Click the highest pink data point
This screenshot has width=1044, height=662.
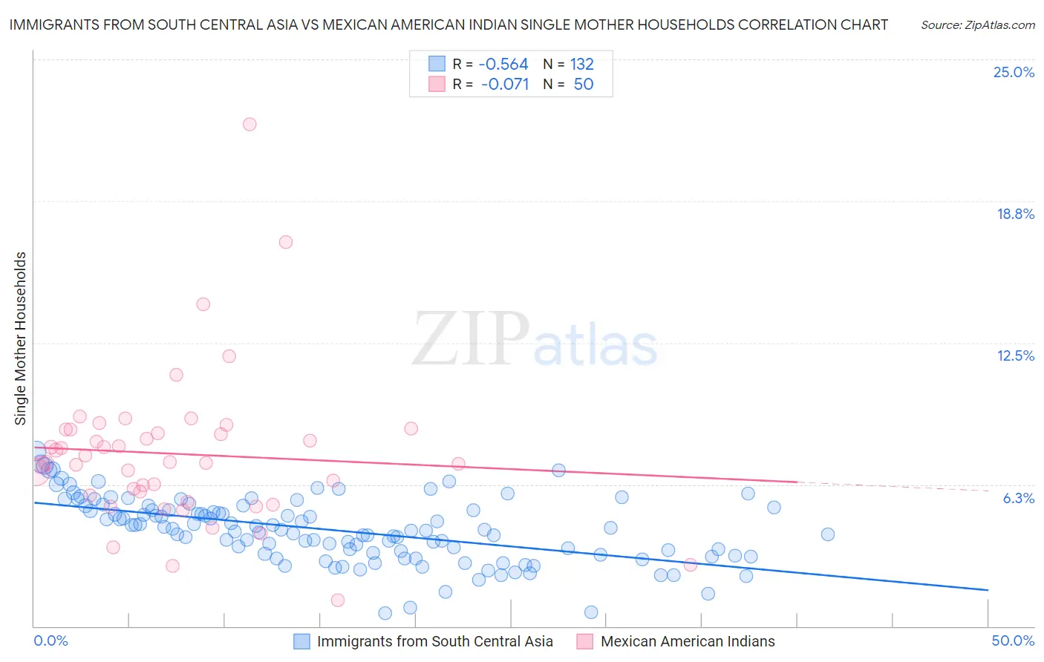249,124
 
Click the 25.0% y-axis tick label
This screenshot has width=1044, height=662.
1014,72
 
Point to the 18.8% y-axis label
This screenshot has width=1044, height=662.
1015,214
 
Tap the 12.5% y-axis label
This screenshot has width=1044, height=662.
1015,355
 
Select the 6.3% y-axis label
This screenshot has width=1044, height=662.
1018,498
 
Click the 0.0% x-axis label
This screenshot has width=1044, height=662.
50,640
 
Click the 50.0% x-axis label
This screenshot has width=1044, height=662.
1013,640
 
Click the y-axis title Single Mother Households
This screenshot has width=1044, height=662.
21,338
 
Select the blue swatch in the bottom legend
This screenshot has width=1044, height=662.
301,641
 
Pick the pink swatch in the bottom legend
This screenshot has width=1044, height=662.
585,641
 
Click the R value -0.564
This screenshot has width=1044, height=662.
503,65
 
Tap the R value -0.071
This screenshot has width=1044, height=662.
505,85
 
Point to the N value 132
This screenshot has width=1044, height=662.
582,65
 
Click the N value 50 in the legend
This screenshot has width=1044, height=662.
584,85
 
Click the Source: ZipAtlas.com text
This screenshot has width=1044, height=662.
977,25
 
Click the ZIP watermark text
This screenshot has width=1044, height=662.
471,338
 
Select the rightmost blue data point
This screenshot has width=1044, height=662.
828,534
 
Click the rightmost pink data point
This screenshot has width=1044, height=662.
690,565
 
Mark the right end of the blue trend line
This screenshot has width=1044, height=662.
988,589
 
